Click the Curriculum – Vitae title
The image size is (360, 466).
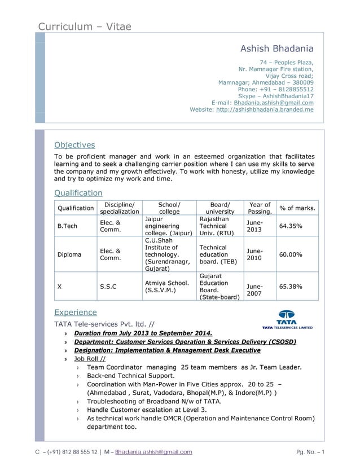click(x=85, y=27)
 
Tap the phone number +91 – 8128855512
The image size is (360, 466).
click(x=276, y=89)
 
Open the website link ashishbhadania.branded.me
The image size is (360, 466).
click(x=265, y=109)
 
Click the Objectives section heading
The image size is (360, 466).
click(x=74, y=145)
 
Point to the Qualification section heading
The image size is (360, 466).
click(x=78, y=193)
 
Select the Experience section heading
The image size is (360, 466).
click(x=75, y=312)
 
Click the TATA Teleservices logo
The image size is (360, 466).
click(x=287, y=319)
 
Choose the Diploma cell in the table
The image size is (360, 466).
click(x=69, y=254)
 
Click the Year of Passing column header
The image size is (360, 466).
click(x=259, y=208)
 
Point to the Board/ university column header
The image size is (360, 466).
click(x=219, y=208)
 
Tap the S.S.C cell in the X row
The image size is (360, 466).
click(x=108, y=287)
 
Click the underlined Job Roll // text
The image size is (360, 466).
click(x=89, y=358)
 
